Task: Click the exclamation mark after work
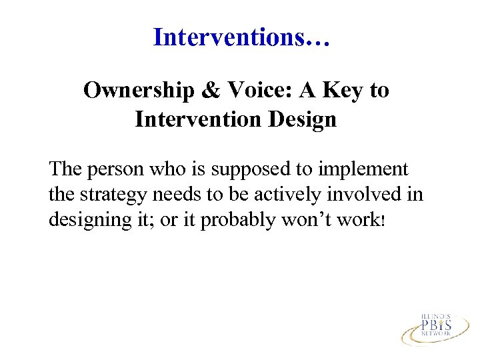381,221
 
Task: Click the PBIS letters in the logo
437,325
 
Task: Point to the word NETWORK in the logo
437,336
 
